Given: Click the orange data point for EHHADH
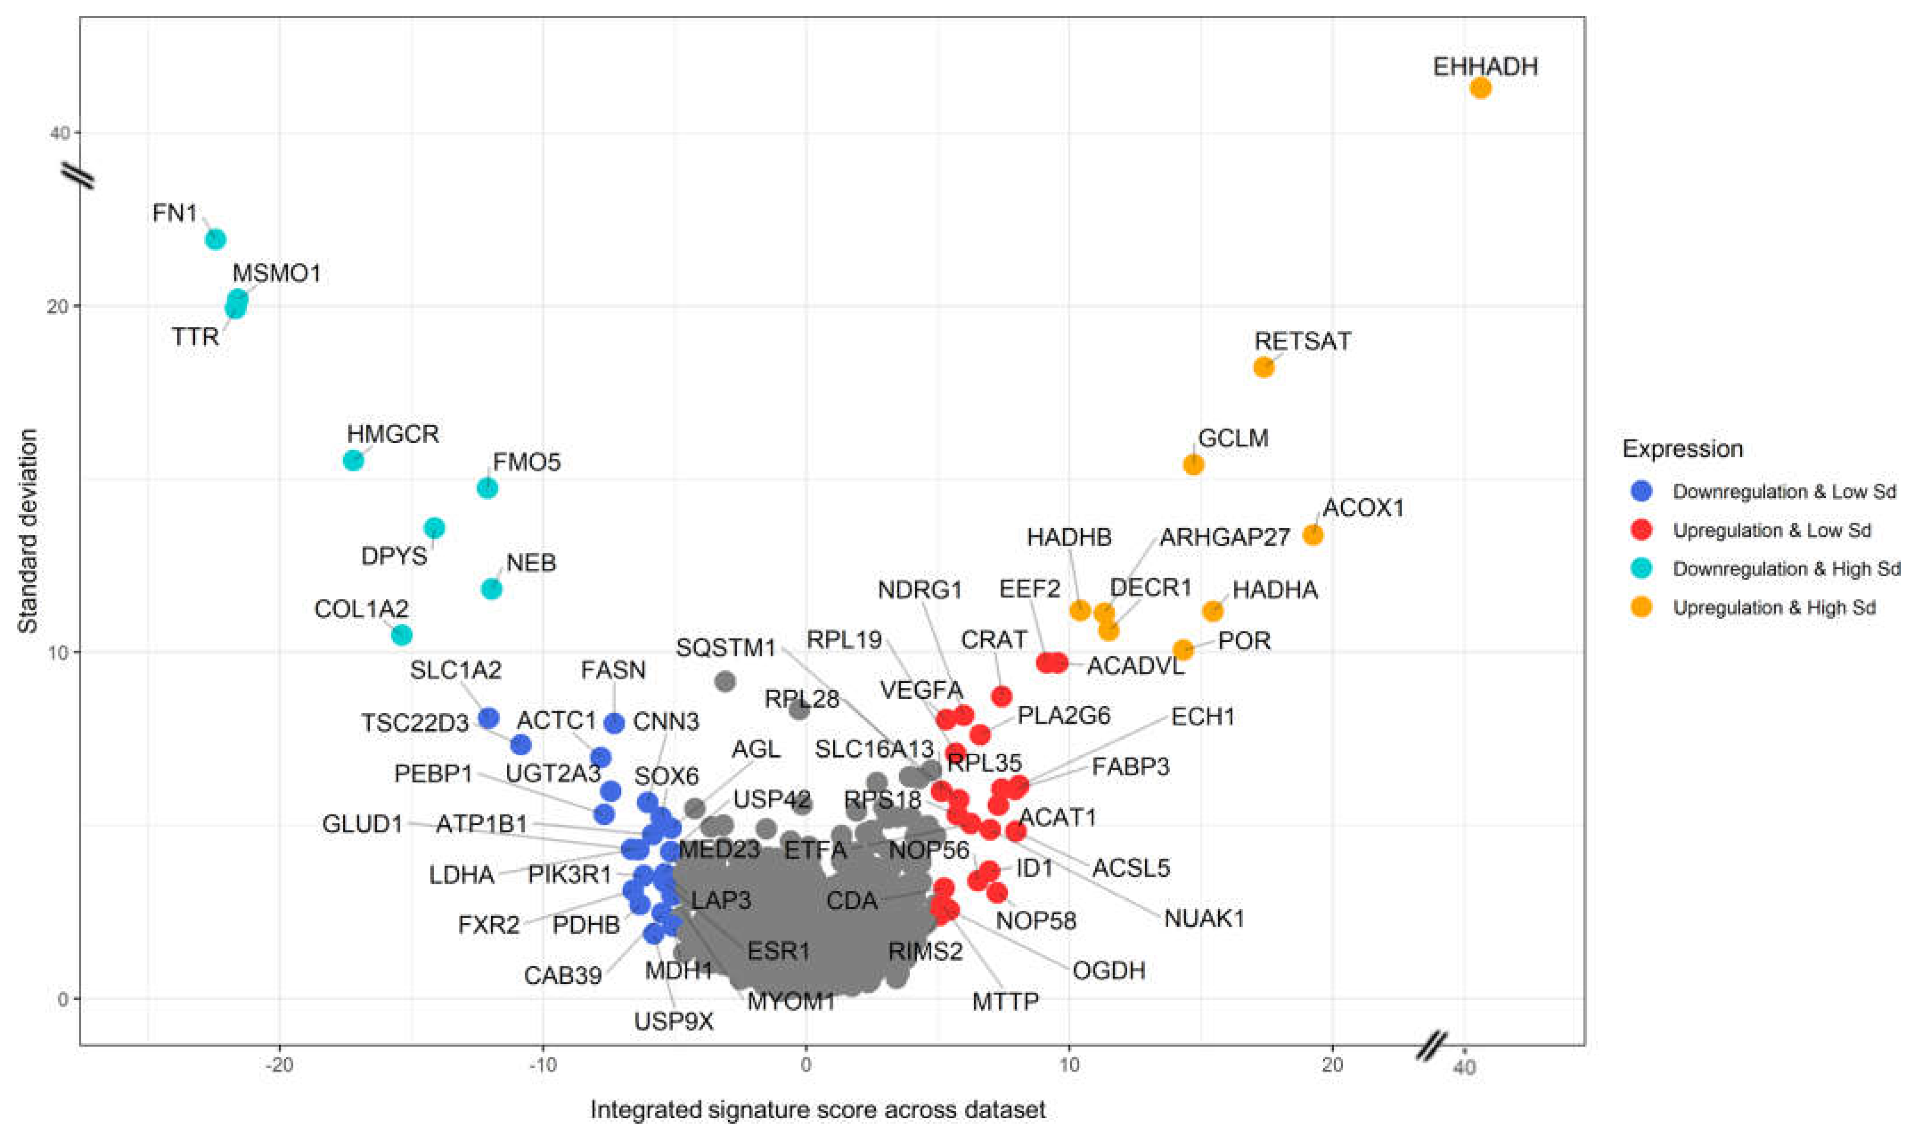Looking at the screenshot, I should click(1480, 88).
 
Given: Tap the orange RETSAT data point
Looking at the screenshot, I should click(1264, 367).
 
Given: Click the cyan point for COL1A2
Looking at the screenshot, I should click(401, 634).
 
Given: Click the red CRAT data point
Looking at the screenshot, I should click(1001, 696).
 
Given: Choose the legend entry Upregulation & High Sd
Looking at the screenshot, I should click(1774, 607).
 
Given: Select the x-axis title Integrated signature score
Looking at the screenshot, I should click(817, 1109).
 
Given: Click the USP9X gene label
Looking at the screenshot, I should click(673, 1021).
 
